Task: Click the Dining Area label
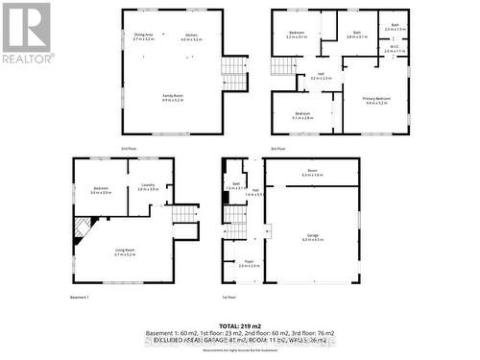(x=144, y=36)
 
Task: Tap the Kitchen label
(x=190, y=36)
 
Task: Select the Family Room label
(x=174, y=97)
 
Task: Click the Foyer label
(x=249, y=264)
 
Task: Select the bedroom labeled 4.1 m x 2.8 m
(x=302, y=115)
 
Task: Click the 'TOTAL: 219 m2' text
(x=240, y=327)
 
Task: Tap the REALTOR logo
(x=27, y=34)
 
